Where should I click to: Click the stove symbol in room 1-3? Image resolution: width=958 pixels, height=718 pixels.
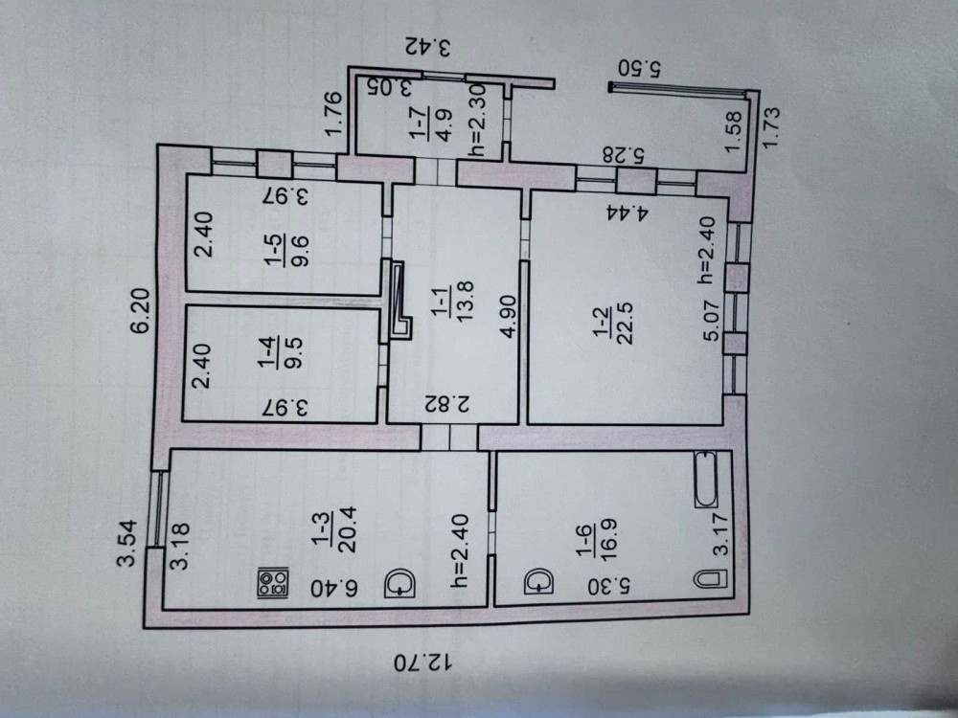(x=273, y=583)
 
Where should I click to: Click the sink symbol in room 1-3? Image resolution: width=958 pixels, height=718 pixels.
(x=399, y=583)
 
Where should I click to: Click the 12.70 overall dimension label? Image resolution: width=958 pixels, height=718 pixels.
(x=422, y=662)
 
